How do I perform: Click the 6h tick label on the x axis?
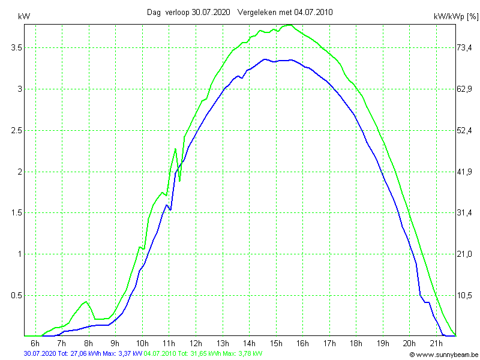[x=35, y=343]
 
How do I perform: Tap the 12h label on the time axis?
[x=196, y=343]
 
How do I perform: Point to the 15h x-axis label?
[x=276, y=343]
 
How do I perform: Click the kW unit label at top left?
[x=24, y=17]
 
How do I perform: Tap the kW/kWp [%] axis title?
[x=455, y=17]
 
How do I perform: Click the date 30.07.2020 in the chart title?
[x=211, y=12]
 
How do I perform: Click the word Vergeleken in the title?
[x=259, y=12]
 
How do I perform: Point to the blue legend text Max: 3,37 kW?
[x=122, y=354]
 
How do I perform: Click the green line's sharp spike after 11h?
[x=175, y=149]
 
